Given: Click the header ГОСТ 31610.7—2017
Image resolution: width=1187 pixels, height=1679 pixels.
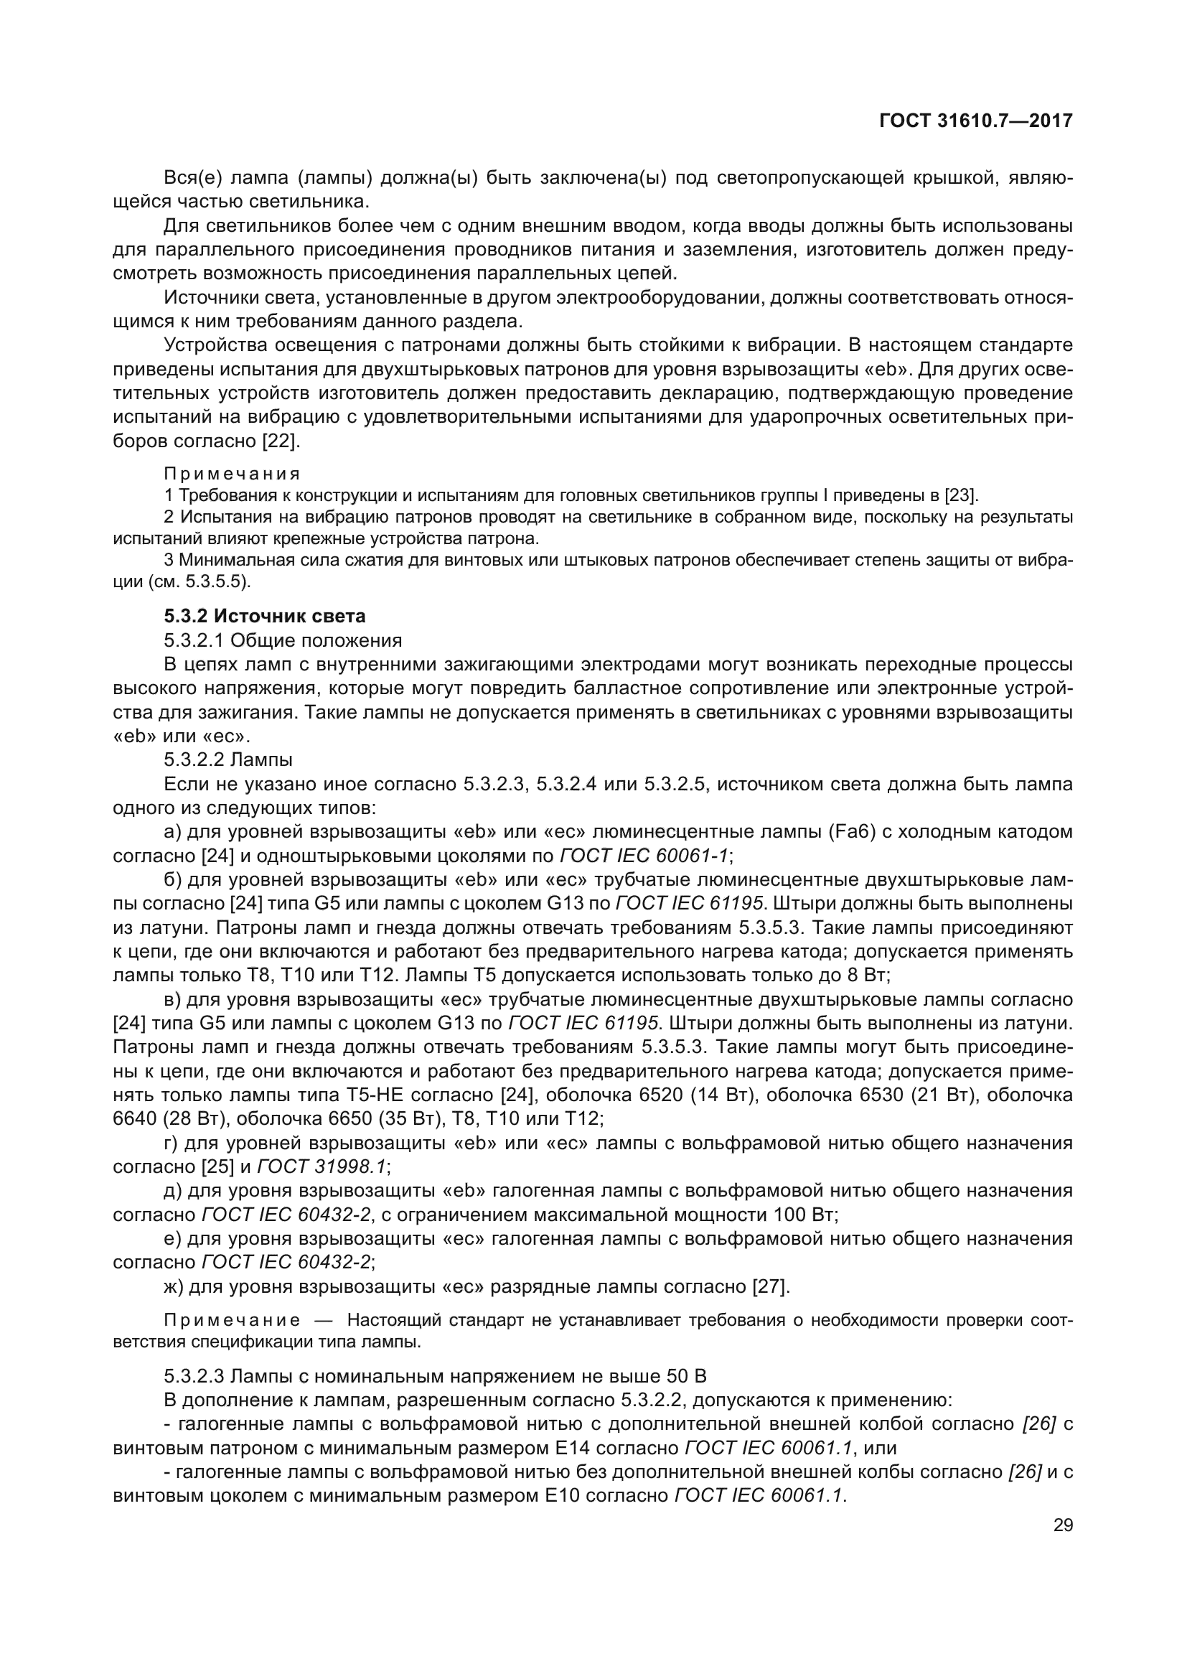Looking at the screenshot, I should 976,121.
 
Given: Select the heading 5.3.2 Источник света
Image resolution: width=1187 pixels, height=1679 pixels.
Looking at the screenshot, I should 265,617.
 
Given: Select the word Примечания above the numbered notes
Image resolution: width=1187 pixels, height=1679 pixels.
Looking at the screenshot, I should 233,474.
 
